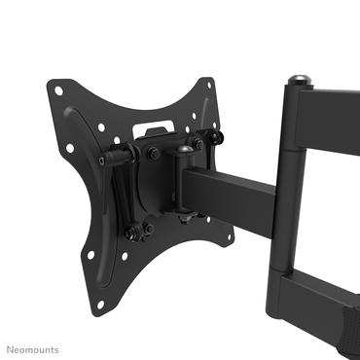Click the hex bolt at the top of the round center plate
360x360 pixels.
(x=152, y=153)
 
